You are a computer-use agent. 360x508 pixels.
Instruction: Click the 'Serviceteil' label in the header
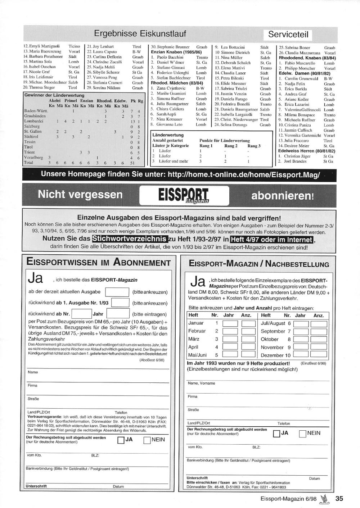click(288, 35)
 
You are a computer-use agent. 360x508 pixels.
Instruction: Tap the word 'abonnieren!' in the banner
click(283, 196)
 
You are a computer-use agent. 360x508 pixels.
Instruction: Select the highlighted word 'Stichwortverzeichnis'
click(130, 239)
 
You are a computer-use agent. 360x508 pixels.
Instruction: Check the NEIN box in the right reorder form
click(302, 434)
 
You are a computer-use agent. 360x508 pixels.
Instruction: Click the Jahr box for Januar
click(230, 323)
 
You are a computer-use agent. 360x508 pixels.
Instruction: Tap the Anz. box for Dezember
click(319, 355)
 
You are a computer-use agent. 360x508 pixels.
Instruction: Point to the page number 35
click(339, 499)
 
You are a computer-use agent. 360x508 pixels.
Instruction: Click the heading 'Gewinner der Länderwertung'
click(54, 95)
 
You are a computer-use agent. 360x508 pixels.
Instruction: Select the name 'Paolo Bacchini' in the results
click(170, 58)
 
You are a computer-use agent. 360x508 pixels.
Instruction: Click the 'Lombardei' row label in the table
click(34, 121)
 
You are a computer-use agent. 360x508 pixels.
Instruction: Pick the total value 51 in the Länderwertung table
click(132, 163)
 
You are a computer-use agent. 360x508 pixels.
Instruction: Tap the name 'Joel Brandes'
click(295, 162)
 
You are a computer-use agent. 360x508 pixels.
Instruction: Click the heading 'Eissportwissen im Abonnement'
click(99, 262)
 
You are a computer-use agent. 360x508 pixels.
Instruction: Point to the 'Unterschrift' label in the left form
click(36, 486)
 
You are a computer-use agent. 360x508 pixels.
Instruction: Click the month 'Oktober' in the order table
click(270, 339)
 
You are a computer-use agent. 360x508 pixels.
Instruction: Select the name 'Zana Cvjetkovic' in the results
click(171, 88)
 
